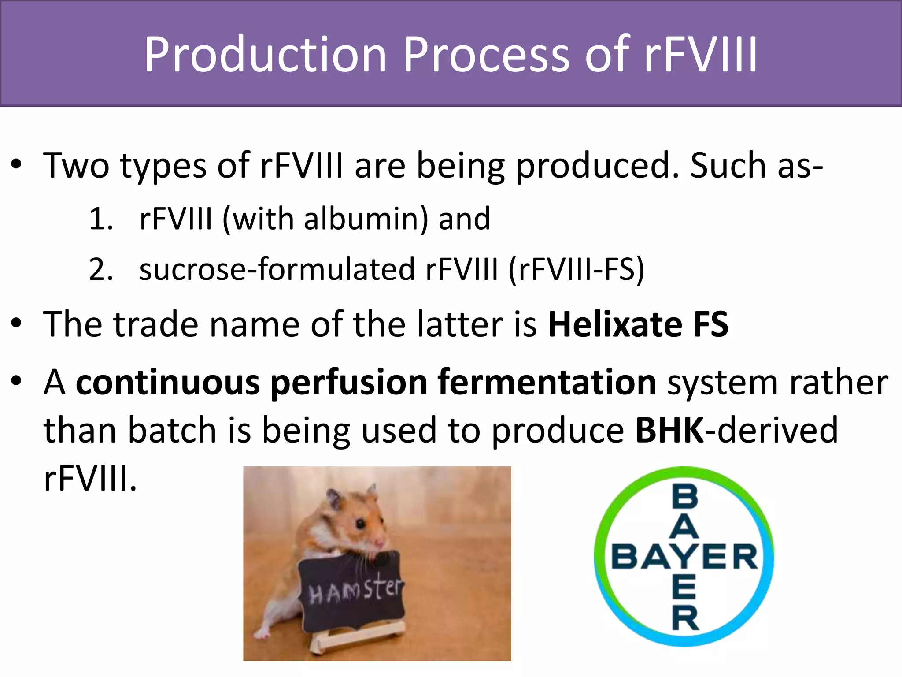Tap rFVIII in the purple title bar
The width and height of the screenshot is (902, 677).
tap(700, 55)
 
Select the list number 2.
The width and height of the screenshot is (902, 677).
tap(100, 270)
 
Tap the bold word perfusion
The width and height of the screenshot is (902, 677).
tap(348, 383)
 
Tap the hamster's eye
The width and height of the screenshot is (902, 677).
tap(361, 524)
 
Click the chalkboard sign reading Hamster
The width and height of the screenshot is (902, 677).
tap(352, 591)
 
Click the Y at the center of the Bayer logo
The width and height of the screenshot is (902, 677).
tap(684, 557)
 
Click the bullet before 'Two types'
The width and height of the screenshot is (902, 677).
tap(16, 165)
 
